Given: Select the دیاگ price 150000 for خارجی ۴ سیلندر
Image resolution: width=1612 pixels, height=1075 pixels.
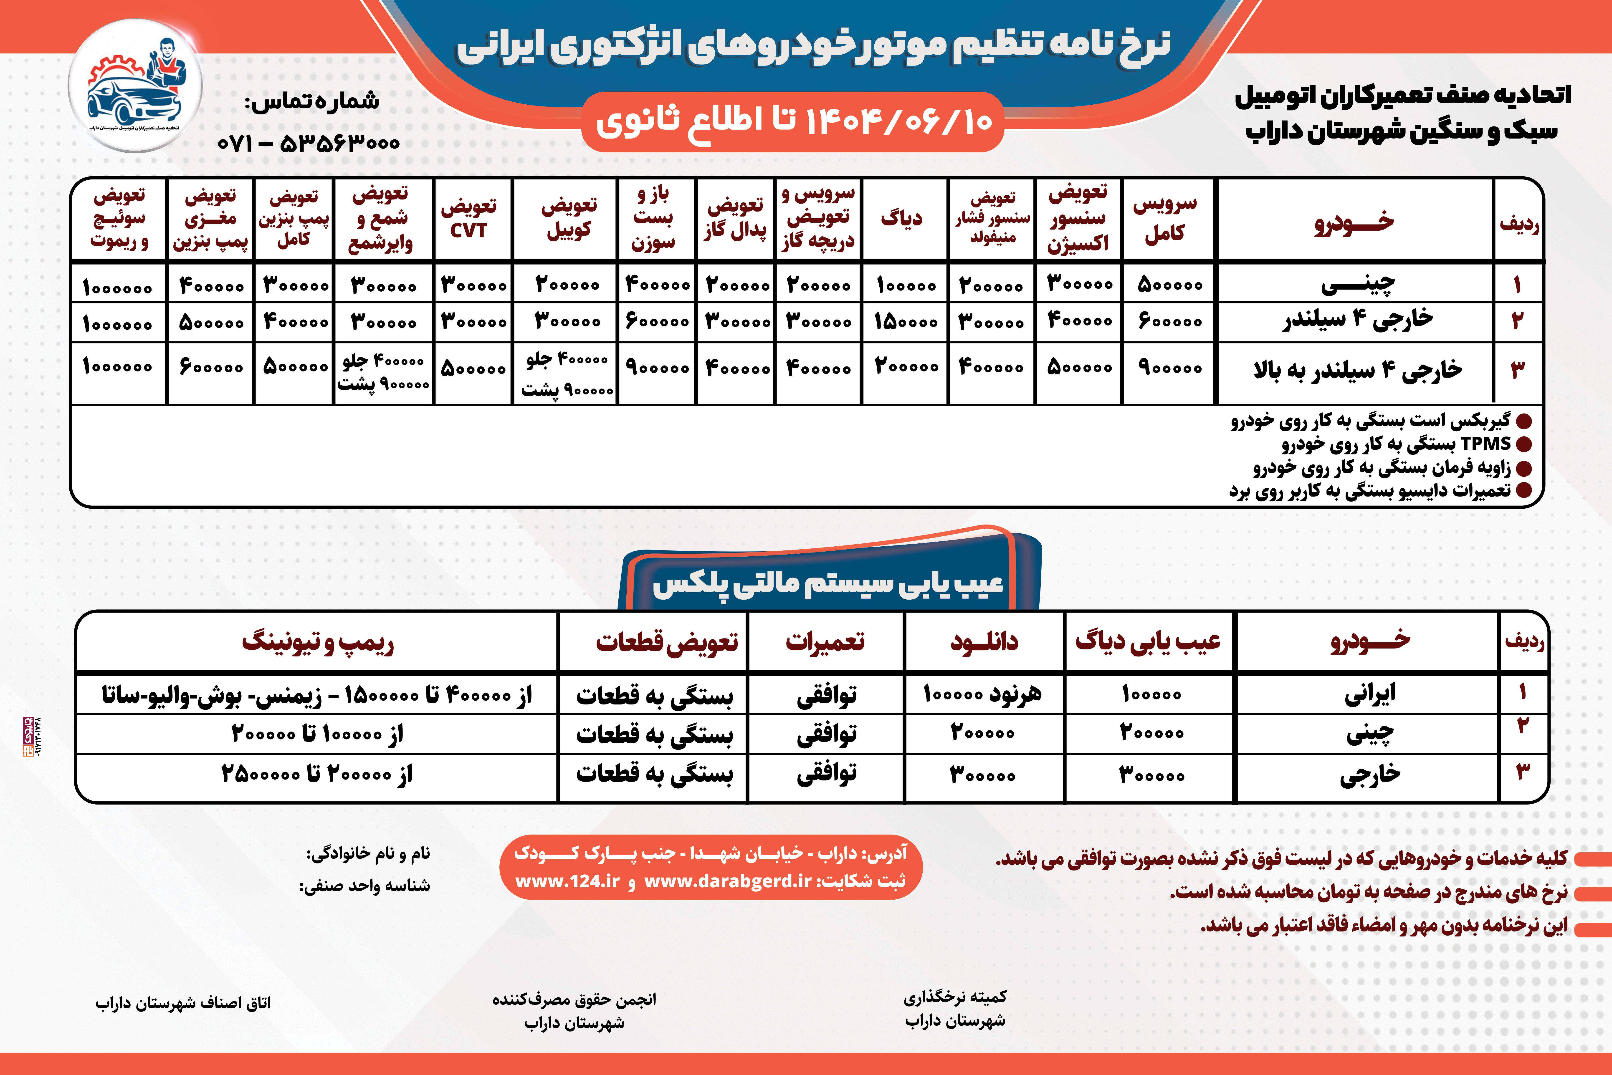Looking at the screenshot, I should pyautogui.click(x=905, y=322).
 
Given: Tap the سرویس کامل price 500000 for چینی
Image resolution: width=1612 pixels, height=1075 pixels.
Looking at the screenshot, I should pyautogui.click(x=1170, y=285).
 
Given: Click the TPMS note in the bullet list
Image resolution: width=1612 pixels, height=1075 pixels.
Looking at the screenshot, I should pyautogui.click(x=1395, y=444).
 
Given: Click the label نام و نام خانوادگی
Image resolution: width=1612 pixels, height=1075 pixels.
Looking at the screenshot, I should pyautogui.click(x=368, y=853).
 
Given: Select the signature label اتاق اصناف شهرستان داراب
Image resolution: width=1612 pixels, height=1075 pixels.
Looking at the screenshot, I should pyautogui.click(x=183, y=1003).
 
